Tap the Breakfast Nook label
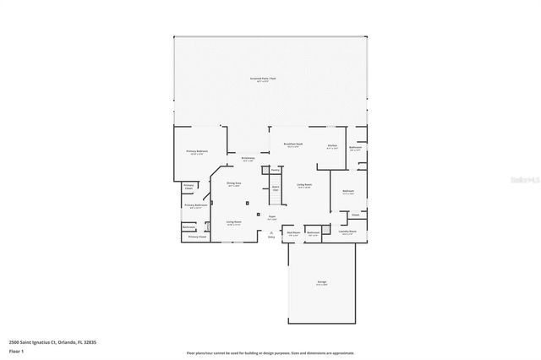(x=293, y=145)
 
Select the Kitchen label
(x=332, y=145)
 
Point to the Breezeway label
(x=248, y=159)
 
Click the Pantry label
(x=276, y=170)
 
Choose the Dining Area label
(x=234, y=184)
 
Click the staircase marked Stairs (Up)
(x=275, y=189)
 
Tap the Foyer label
(x=272, y=217)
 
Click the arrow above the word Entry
(x=271, y=231)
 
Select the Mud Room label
(x=293, y=233)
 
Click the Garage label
(x=322, y=282)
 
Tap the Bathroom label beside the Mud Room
(x=314, y=233)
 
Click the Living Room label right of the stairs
(x=304, y=185)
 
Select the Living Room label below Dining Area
(x=233, y=223)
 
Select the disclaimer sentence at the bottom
(x=270, y=352)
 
